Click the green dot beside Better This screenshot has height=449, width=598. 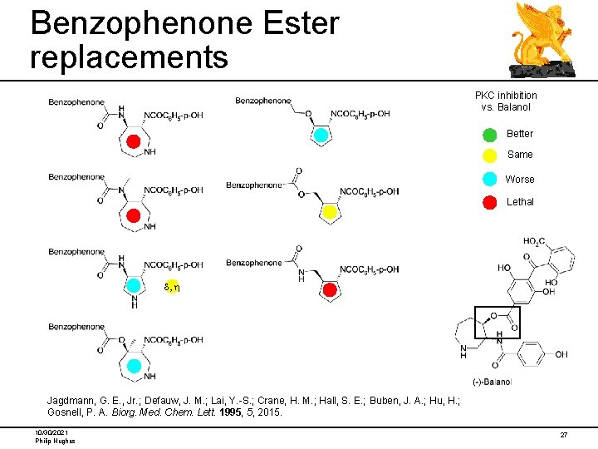coord(490,134)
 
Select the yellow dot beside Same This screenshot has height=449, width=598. coord(490,155)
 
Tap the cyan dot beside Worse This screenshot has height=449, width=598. coord(490,179)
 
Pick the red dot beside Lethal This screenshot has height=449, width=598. coord(490,202)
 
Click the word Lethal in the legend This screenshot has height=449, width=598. coord(520,202)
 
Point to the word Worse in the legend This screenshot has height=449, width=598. coord(520,180)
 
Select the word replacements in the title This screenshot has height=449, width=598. coord(128,57)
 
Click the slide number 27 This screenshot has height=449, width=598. coord(563,435)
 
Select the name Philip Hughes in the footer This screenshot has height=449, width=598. coord(55,441)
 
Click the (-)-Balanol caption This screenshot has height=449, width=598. coord(492,382)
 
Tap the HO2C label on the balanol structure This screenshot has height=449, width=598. coord(533,242)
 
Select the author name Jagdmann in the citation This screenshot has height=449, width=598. coord(71,400)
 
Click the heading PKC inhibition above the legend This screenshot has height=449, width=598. coord(506,96)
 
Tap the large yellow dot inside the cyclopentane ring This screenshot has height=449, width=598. coord(329,213)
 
